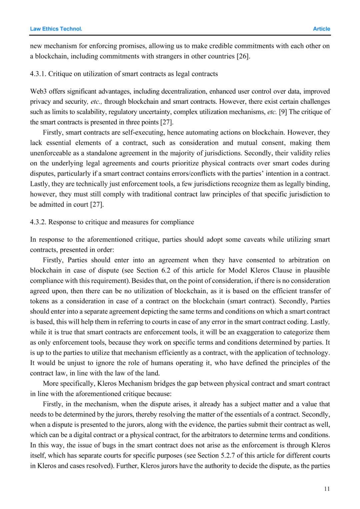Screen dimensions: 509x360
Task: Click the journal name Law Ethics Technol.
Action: tap(56, 29)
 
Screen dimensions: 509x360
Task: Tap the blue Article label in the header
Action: tap(321, 29)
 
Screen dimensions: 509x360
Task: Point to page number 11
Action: tap(327, 489)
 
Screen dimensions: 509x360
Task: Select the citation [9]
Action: tap(283, 112)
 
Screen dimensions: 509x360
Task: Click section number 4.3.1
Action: tap(38, 74)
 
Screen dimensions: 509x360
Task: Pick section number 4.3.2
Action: tap(38, 222)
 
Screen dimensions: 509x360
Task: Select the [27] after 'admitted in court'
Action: tap(97, 204)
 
